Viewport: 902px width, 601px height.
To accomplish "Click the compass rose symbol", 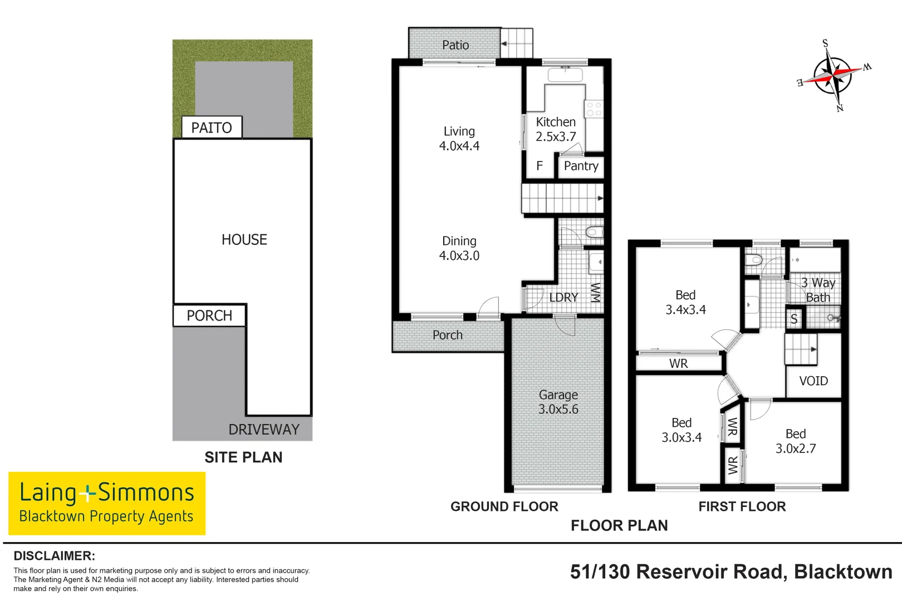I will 832,76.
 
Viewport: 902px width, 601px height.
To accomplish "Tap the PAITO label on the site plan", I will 212,127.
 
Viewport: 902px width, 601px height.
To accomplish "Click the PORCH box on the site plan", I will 209,316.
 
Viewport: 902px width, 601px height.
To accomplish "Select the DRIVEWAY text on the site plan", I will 264,430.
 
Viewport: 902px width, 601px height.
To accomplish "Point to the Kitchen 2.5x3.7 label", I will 556,129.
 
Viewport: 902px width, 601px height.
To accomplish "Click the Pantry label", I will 581,166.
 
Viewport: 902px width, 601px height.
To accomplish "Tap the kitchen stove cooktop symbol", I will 594,109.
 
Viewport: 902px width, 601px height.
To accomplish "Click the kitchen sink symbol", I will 565,75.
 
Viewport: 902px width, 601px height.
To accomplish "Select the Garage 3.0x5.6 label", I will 558,402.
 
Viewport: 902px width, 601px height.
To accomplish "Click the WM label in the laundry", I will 595,293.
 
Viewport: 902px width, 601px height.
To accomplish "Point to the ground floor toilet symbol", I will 594,232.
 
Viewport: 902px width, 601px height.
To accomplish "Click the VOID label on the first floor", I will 813,381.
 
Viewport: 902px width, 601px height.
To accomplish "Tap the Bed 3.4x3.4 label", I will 685,302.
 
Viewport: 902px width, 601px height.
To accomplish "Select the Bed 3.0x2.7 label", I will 796,441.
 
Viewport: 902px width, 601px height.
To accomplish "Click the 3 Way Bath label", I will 818,290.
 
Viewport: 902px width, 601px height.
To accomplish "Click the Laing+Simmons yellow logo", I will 107,503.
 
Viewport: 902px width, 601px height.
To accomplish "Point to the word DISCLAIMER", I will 54,556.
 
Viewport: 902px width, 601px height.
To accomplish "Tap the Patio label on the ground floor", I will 455,45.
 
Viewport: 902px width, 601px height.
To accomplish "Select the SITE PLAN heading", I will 243,457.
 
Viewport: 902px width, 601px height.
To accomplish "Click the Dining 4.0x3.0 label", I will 459,248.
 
